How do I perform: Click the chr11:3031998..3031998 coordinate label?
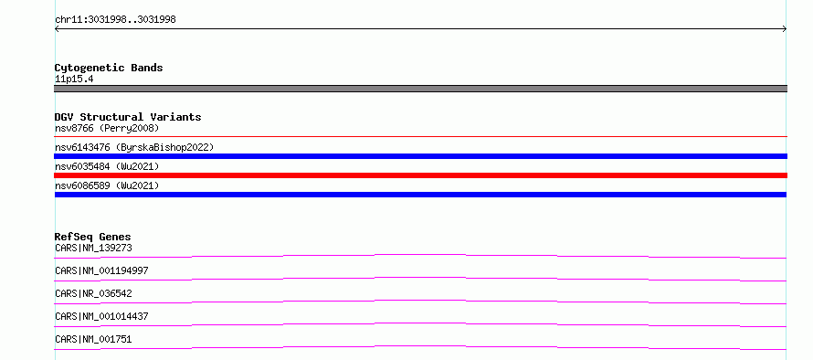point(115,20)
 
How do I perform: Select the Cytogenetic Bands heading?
point(109,68)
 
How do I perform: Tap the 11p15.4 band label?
point(74,79)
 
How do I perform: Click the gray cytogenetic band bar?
point(420,89)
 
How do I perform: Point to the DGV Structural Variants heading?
point(128,117)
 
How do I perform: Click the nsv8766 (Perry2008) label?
point(107,128)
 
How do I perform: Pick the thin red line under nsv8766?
point(420,136)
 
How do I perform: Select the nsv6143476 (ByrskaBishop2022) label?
point(134,147)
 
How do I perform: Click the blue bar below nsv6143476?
point(420,156)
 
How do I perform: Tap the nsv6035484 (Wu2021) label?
point(107,166)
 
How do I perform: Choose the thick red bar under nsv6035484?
point(420,175)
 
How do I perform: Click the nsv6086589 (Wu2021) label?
point(107,185)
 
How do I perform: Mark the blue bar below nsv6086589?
point(420,195)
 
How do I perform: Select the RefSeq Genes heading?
point(93,237)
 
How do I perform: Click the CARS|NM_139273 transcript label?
point(93,248)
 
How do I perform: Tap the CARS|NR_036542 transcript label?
point(93,293)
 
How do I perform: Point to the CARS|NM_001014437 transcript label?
point(101,316)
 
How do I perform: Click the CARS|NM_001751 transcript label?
point(93,339)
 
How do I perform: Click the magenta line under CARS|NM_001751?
point(420,346)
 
